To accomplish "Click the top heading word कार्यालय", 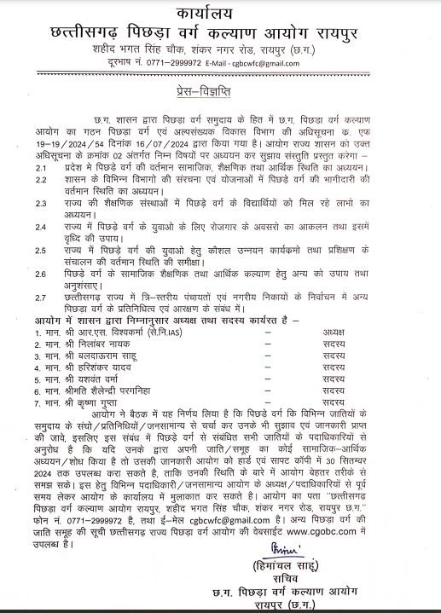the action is click(x=220, y=14).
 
